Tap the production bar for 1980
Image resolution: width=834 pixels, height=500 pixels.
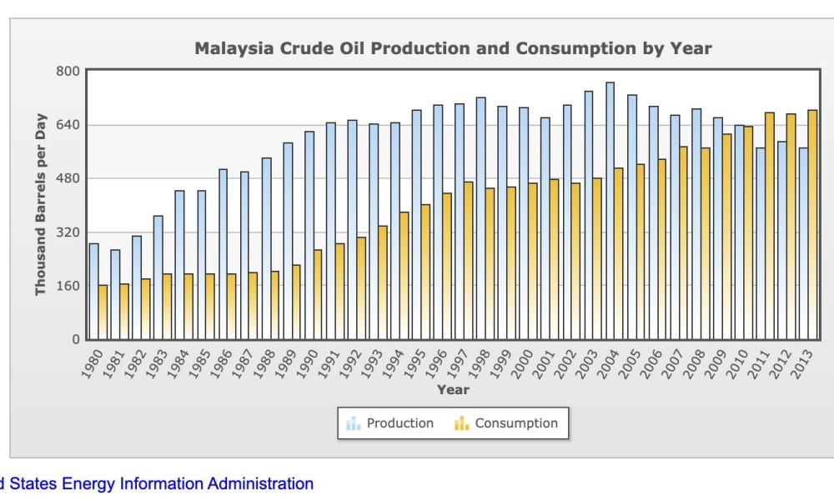click(93, 292)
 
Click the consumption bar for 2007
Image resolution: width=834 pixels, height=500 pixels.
click(684, 242)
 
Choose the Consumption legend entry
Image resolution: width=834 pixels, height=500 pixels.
click(506, 423)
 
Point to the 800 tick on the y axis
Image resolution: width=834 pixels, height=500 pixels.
click(67, 71)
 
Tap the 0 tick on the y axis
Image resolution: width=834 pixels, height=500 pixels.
click(74, 339)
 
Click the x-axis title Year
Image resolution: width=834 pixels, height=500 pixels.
click(453, 389)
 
